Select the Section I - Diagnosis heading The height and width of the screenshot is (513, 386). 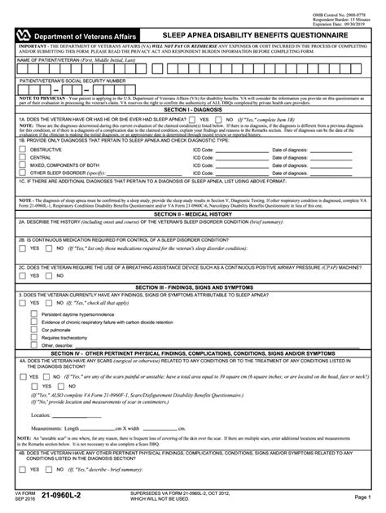[x=192, y=109]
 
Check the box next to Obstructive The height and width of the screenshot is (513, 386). [x=21, y=150]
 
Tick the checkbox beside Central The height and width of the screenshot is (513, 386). [x=21, y=158]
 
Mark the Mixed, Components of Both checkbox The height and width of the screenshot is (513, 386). [x=21, y=166]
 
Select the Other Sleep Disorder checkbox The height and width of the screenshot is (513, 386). [x=21, y=174]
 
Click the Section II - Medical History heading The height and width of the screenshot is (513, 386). [x=192, y=213]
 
